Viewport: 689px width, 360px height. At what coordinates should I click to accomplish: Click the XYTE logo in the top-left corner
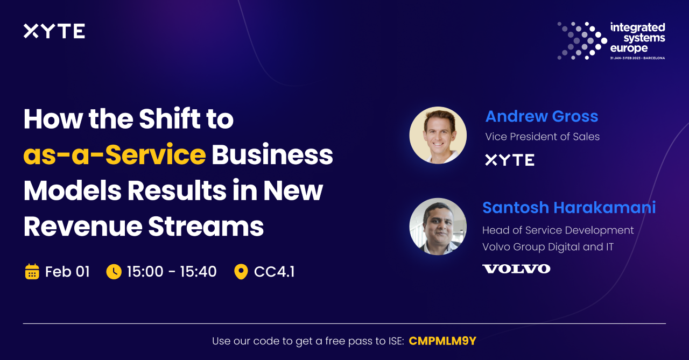(54, 31)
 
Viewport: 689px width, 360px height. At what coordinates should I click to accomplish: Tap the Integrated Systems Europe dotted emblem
(582, 40)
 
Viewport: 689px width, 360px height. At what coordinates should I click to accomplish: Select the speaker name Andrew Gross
(542, 116)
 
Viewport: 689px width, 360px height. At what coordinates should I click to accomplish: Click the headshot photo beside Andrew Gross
(438, 135)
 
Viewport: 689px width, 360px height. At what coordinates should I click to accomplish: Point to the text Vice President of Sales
(542, 137)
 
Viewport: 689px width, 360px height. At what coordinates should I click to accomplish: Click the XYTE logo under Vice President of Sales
(510, 160)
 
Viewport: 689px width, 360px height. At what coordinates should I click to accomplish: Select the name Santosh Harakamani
(569, 208)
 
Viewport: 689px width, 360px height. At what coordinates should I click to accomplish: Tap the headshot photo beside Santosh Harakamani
(438, 226)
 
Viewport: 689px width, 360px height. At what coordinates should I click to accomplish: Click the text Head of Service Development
(558, 230)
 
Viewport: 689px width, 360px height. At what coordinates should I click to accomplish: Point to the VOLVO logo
(516, 269)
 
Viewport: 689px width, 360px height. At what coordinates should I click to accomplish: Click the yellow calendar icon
(32, 271)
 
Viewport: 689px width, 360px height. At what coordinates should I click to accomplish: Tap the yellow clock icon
(114, 272)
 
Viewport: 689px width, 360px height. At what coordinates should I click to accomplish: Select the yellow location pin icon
(241, 272)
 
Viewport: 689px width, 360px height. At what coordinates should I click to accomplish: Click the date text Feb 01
(67, 272)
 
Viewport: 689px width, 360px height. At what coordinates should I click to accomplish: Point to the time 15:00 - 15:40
(172, 272)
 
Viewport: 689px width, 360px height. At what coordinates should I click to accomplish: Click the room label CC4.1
(274, 272)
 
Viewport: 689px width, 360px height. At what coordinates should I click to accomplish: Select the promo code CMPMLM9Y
(442, 341)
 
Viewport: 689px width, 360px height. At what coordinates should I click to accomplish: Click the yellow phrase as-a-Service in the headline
(115, 154)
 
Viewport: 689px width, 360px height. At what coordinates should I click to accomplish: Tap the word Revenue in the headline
(83, 227)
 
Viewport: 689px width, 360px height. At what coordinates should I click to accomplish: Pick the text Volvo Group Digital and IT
(548, 247)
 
